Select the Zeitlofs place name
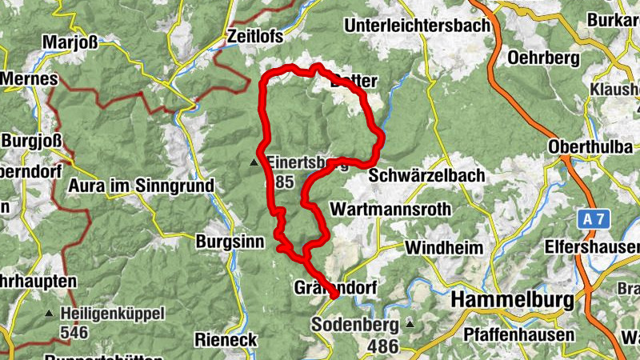click(256, 37)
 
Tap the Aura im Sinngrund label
click(142, 186)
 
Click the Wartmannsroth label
click(390, 210)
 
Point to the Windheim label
click(444, 247)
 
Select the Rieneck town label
click(226, 340)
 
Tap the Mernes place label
click(30, 79)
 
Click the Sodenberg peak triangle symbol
click(410, 324)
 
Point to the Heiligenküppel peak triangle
click(50, 314)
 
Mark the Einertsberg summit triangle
click(255, 162)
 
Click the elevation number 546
click(74, 330)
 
